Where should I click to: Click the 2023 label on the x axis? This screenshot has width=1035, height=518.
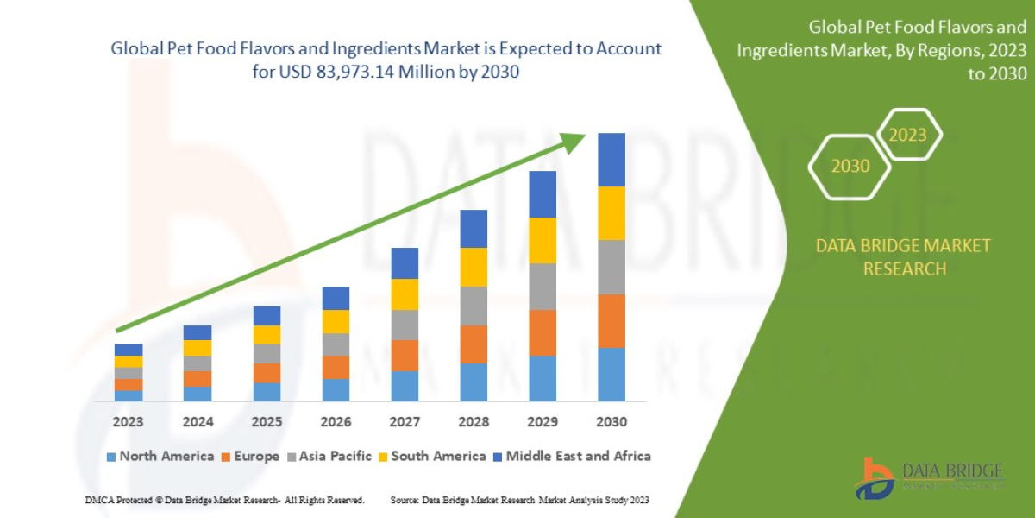128,422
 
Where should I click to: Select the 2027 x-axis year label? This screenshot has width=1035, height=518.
404,422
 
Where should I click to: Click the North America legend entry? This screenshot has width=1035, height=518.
160,456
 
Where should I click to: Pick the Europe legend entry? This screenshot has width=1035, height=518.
251,456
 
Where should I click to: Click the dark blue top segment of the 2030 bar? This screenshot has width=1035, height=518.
611,160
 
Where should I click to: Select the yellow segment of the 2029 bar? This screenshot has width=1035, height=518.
542,240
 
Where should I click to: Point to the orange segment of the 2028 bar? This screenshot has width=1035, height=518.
473,344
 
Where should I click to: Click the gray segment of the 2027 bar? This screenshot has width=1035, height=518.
404,325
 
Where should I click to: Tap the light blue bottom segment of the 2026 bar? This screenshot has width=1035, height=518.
335,390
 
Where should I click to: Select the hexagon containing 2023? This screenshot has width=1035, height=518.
907,135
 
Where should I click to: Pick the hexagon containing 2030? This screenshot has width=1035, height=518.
850,166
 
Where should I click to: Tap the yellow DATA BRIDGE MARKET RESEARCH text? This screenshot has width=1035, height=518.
903,257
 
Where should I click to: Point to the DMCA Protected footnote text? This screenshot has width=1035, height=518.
224,500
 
